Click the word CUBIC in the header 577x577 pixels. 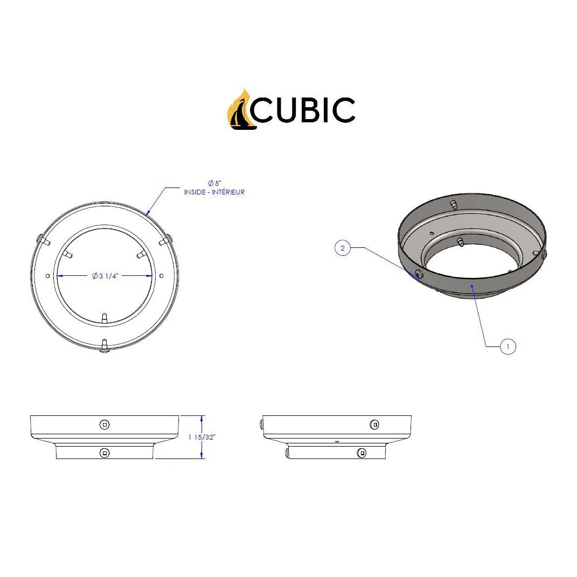303,110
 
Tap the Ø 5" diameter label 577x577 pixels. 214,183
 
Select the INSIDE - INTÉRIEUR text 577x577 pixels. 214,192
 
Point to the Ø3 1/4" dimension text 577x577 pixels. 105,276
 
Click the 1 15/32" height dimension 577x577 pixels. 201,437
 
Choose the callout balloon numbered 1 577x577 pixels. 508,346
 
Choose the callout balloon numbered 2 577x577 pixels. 343,248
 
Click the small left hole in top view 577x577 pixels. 47,276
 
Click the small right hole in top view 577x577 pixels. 161,276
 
